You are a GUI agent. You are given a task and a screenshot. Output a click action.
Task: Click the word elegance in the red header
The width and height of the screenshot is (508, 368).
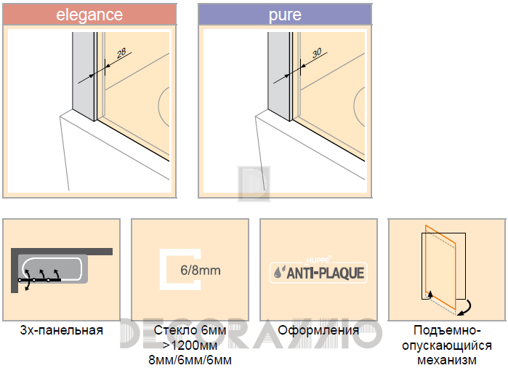[89, 15]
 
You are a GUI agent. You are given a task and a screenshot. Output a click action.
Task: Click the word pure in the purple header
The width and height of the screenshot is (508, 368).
[285, 15]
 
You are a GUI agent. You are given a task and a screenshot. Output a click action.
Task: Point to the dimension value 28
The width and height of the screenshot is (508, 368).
[121, 54]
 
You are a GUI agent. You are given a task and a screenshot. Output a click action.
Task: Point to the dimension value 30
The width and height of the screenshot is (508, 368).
[317, 53]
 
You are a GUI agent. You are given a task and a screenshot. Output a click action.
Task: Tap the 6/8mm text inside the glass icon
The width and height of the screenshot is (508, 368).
[201, 270]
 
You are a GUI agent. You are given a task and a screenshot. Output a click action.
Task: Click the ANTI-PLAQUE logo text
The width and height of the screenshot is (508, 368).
[326, 273]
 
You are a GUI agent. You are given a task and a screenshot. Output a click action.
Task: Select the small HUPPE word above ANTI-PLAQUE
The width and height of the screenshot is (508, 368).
[319, 260]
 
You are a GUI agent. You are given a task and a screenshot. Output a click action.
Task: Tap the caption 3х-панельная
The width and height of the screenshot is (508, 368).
[62, 330]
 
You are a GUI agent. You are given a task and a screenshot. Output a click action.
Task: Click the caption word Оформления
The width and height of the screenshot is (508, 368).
[318, 330]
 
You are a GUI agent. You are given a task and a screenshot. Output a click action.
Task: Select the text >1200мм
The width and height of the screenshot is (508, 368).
[190, 345]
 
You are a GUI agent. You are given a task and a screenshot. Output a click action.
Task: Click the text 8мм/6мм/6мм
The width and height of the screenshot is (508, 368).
[190, 360]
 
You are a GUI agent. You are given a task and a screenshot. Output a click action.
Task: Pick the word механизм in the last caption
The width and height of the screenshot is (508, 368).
[447, 360]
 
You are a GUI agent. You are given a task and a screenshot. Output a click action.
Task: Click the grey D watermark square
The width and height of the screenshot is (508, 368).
[254, 184]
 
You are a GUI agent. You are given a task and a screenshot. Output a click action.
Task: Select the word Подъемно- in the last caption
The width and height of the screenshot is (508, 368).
[447, 330]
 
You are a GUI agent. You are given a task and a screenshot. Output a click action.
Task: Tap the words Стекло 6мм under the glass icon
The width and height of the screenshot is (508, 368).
[190, 330]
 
